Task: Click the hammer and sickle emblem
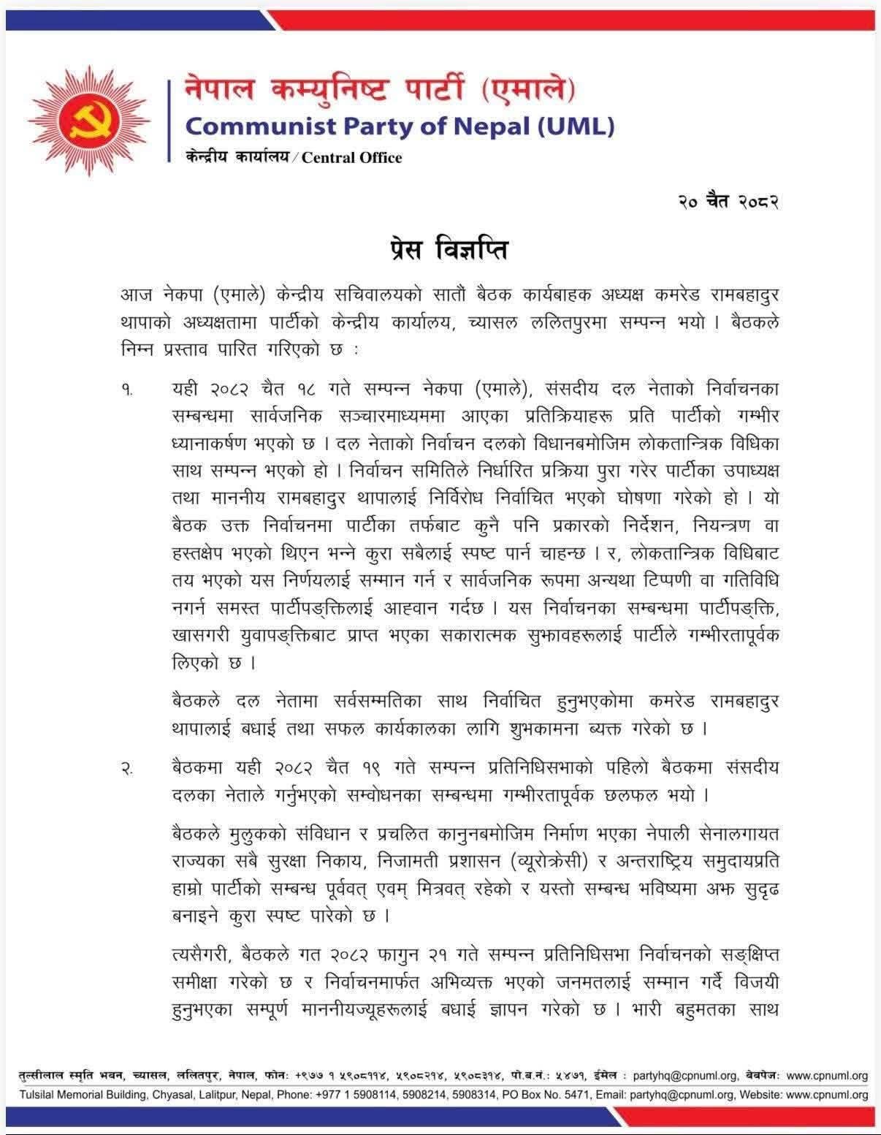[88, 121]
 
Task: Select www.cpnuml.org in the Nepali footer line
[828, 1076]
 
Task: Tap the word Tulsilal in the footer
[41, 1095]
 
